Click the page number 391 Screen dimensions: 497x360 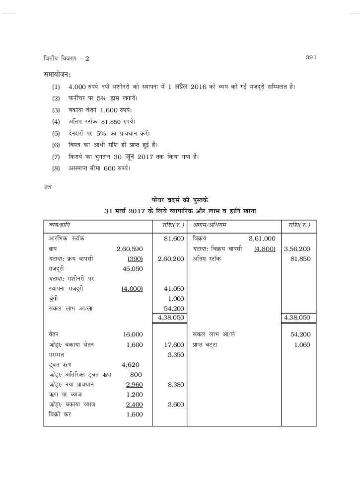tap(311, 58)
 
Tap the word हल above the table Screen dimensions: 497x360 tap(48, 187)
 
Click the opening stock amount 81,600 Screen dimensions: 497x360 tap(174, 239)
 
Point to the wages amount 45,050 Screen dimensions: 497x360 tap(133, 268)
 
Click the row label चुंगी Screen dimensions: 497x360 tap(54, 298)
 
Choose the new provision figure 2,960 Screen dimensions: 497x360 tap(134, 384)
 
